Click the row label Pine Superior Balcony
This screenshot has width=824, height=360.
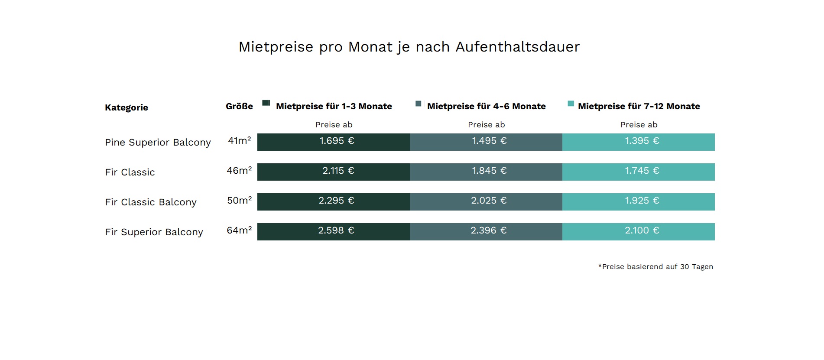pyautogui.click(x=158, y=143)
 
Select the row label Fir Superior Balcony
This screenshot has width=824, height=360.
pyautogui.click(x=154, y=232)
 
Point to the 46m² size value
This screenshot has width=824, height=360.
pyautogui.click(x=239, y=171)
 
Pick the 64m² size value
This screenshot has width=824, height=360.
pyautogui.click(x=239, y=230)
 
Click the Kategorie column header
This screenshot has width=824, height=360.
pyautogui.click(x=127, y=107)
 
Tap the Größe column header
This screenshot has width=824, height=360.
pyautogui.click(x=239, y=107)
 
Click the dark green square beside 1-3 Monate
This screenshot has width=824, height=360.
pyautogui.click(x=266, y=103)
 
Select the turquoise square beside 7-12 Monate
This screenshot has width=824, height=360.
pyautogui.click(x=571, y=104)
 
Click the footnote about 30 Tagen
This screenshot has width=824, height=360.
pyautogui.click(x=655, y=267)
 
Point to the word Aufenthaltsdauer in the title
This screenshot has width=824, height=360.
pyautogui.click(x=517, y=47)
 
